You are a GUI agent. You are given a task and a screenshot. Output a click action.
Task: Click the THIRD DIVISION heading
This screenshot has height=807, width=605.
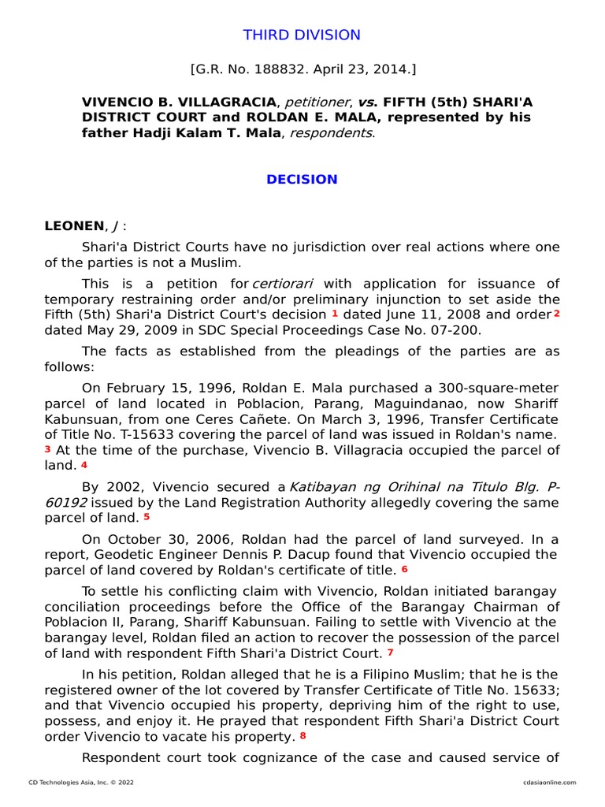[x=302, y=35]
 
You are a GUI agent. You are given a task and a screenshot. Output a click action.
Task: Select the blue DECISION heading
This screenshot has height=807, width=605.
[x=302, y=180]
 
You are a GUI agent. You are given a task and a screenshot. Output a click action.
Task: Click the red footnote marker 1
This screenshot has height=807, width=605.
[x=335, y=314]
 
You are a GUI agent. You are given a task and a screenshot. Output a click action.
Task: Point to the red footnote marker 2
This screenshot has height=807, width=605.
[x=556, y=314]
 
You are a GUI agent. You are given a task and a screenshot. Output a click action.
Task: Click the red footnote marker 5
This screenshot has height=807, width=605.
[x=147, y=517]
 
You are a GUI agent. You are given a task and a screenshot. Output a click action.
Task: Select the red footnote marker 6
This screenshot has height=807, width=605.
[x=405, y=569]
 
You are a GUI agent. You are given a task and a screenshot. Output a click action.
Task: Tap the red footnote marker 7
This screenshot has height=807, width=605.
[x=390, y=653]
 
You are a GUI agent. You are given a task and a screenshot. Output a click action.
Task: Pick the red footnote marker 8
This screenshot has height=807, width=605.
[x=302, y=736]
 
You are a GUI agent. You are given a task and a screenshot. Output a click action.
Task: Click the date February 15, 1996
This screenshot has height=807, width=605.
[x=162, y=388]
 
